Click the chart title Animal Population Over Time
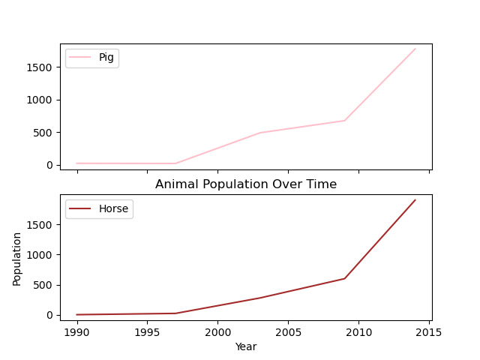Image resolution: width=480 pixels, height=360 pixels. [246, 184]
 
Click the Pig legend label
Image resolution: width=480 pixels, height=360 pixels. [106, 58]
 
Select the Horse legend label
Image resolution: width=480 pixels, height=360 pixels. [113, 209]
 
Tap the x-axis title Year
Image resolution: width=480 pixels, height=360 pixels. [246, 346]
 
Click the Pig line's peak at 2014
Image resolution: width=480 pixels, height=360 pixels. [415, 49]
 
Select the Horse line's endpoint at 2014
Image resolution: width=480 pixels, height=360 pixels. [415, 200]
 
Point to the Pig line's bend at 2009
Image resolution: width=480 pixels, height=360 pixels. [345, 121]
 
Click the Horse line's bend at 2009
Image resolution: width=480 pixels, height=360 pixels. [345, 278]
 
